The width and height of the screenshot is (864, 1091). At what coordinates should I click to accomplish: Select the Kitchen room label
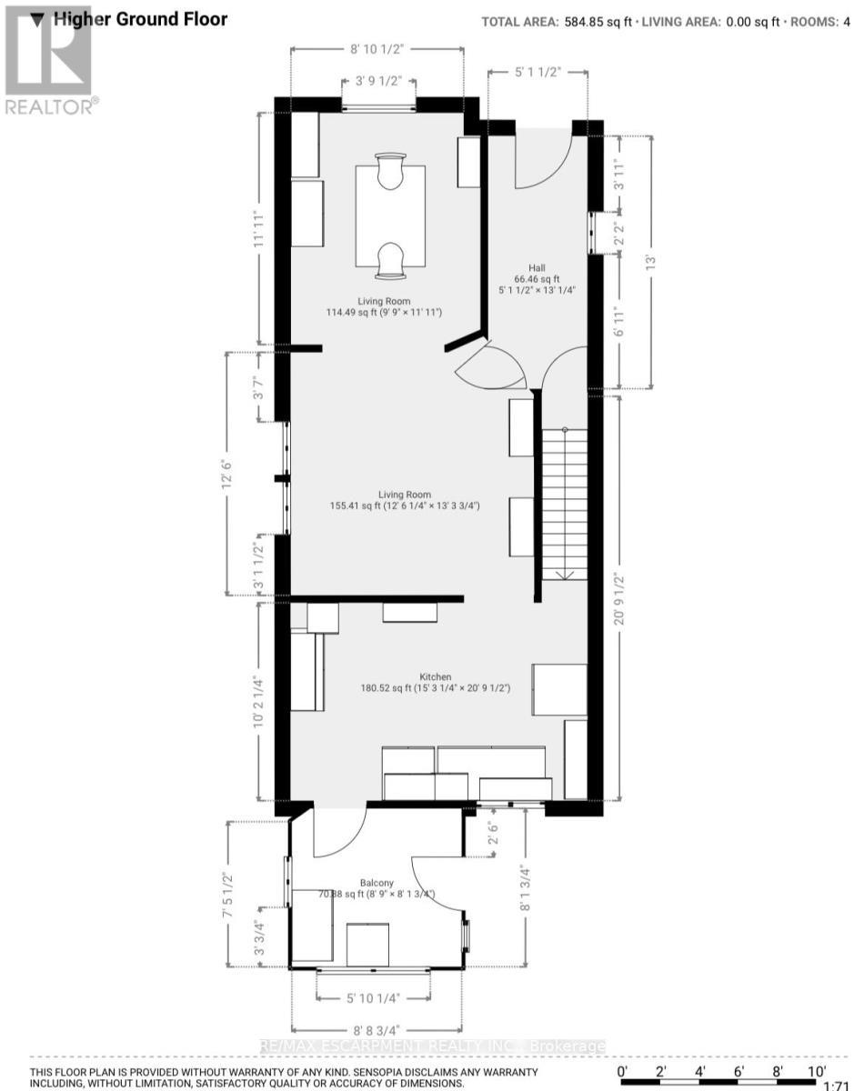pos(435,676)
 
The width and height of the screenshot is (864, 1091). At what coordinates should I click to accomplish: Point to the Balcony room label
pos(377,883)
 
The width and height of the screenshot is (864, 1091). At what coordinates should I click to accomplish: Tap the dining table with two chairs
pos(390,216)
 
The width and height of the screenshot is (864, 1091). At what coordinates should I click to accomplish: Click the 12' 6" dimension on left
pos(226,472)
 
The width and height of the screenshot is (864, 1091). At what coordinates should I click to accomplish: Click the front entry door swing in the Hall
pos(543,158)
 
